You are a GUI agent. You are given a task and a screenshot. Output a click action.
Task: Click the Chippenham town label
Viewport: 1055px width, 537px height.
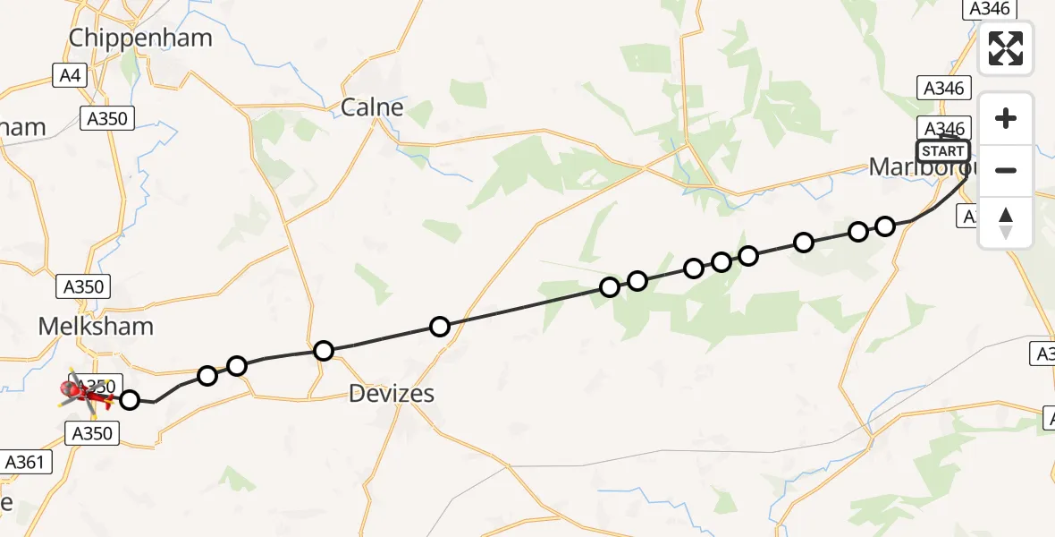click(140, 38)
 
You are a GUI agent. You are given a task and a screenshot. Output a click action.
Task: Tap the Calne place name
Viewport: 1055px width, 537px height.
click(372, 107)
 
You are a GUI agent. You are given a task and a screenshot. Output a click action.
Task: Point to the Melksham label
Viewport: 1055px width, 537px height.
click(97, 326)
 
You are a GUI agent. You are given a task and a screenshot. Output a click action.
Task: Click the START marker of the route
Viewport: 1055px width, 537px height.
click(942, 150)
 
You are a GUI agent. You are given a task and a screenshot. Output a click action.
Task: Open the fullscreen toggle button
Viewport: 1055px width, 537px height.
click(1006, 48)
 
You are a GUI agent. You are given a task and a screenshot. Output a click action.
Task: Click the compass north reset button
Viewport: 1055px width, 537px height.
click(1006, 223)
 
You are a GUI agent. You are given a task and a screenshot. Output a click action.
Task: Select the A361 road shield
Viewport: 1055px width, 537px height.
click(28, 462)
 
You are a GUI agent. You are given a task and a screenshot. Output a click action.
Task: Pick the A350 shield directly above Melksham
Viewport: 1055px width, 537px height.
click(84, 286)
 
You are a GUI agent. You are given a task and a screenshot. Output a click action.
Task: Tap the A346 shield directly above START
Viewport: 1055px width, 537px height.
click(943, 128)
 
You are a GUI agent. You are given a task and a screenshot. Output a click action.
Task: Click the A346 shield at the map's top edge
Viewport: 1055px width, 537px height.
click(989, 8)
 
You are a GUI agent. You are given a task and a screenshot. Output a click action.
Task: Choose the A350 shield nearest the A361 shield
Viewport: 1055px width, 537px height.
click(91, 433)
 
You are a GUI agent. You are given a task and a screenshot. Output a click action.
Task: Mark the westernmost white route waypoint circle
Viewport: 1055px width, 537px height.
click(130, 400)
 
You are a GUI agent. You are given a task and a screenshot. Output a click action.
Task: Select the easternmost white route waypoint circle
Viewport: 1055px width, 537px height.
click(885, 226)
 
